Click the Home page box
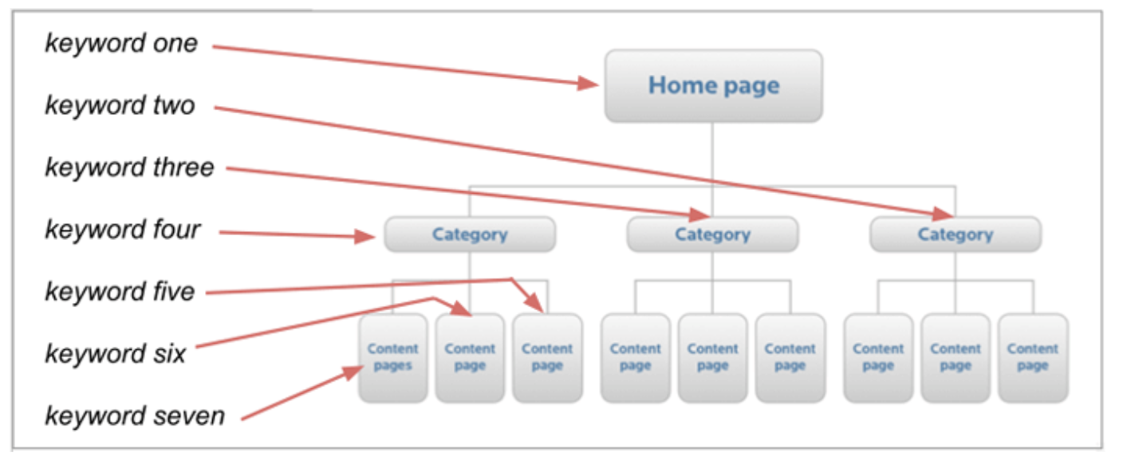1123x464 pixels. click(713, 86)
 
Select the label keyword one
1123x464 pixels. click(121, 42)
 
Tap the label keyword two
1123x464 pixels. click(120, 105)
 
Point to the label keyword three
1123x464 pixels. click(129, 167)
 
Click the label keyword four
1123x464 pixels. click(123, 230)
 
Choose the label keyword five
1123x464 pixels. click(120, 291)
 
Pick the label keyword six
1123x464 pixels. click(115, 353)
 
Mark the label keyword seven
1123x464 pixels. click(135, 415)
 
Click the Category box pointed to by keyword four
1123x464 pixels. click(470, 234)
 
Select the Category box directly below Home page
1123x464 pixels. click(712, 234)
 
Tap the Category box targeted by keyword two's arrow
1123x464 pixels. click(955, 234)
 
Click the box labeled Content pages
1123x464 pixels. click(392, 357)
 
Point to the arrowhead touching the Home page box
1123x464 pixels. click(590, 83)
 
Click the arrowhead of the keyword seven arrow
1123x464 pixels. click(356, 372)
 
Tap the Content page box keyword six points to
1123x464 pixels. click(470, 357)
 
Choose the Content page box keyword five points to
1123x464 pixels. click(547, 357)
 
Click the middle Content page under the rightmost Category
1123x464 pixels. click(955, 357)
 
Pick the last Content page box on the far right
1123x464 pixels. click(1032, 357)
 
